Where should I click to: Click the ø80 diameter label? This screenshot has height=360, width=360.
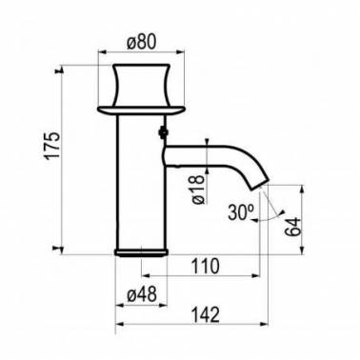[142, 42]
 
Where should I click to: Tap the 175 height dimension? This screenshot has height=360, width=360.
[52, 145]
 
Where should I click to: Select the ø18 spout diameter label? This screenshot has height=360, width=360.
[199, 189]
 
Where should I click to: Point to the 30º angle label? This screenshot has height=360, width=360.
[241, 212]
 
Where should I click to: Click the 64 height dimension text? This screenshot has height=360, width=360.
[292, 227]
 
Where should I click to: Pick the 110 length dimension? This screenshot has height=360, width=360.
[205, 266]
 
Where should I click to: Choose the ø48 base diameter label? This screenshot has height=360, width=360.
[142, 295]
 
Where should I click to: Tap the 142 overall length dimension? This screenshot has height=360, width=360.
[205, 314]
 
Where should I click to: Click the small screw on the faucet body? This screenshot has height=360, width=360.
[163, 131]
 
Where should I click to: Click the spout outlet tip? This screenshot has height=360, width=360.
[260, 185]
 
